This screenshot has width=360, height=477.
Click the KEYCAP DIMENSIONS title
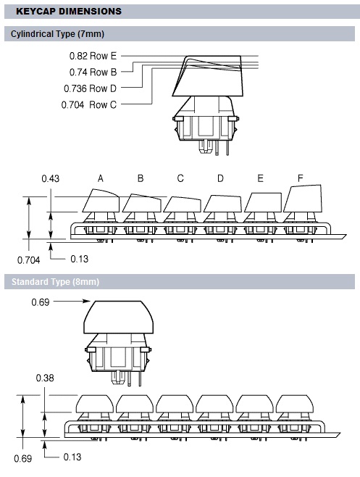(x=69, y=12)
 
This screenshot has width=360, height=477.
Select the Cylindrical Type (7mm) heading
(x=57, y=34)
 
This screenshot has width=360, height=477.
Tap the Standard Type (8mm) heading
(x=55, y=282)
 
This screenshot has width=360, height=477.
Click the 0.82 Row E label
(x=93, y=56)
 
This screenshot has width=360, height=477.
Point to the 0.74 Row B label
(x=93, y=72)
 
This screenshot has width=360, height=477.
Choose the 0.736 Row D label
(x=90, y=88)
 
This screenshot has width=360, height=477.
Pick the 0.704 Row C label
(x=89, y=104)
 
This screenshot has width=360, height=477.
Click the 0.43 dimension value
(x=51, y=178)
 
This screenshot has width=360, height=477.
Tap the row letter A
(x=101, y=178)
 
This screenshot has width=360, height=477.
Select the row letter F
(x=301, y=178)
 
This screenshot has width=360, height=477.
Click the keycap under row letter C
(x=182, y=204)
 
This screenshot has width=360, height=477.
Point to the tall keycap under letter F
(x=303, y=199)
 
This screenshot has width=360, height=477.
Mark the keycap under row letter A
(x=101, y=201)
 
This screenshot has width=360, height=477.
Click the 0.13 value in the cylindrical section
(x=80, y=260)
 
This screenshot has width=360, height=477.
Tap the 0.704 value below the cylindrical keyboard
(x=28, y=260)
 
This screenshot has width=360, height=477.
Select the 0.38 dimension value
(x=45, y=378)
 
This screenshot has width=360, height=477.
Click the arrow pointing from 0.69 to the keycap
(x=72, y=301)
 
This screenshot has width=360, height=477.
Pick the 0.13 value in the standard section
(x=72, y=457)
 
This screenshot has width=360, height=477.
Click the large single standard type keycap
(x=119, y=318)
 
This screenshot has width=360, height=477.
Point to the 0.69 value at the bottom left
(x=22, y=458)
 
